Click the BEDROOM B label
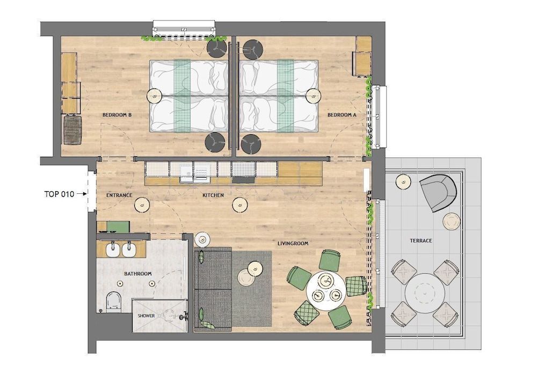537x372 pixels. [x=117, y=115]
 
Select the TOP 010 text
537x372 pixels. [x=59, y=194]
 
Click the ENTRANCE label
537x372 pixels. [x=119, y=195]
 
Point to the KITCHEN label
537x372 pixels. [x=213, y=195]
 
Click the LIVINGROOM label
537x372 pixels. [x=293, y=243]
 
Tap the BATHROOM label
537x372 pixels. [x=137, y=274]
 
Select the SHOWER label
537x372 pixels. [x=146, y=316]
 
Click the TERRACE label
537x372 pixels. [x=421, y=240]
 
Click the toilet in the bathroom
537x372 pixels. [x=113, y=302]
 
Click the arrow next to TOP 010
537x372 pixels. [x=82, y=194]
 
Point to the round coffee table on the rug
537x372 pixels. [x=248, y=278]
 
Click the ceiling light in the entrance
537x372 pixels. [x=142, y=204]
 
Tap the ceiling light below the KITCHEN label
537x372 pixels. [x=238, y=205]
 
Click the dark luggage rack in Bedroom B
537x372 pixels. [x=72, y=130]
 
